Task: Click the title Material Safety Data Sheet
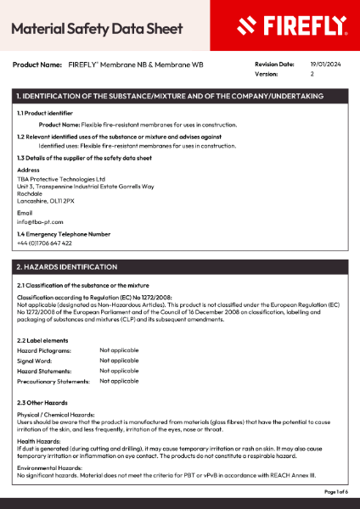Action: (97, 28)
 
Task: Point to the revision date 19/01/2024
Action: (324, 64)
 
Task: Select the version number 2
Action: (312, 74)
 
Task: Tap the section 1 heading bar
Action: (180, 97)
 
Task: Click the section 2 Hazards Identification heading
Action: (67, 266)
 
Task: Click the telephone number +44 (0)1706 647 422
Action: (44, 243)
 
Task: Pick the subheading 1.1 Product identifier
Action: (45, 113)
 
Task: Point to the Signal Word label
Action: (35, 361)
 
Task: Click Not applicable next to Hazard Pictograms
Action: (119, 350)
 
